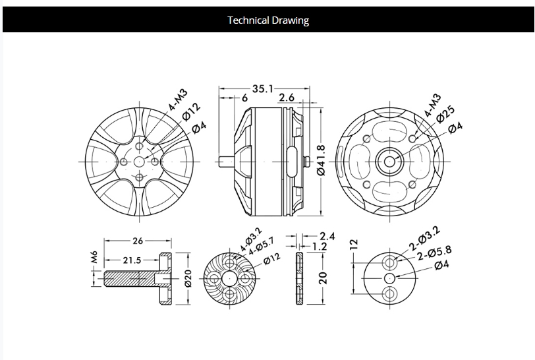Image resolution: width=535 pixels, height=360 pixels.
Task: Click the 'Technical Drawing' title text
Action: click(x=268, y=20)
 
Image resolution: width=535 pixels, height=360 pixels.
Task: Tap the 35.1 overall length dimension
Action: click(x=263, y=89)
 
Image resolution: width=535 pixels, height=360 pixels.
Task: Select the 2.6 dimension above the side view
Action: click(x=287, y=98)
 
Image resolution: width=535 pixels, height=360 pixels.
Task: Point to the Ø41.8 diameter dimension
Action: click(x=321, y=160)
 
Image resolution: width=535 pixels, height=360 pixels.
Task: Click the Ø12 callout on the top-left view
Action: click(x=191, y=111)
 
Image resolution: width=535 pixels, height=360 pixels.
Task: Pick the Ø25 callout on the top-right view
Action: click(x=445, y=114)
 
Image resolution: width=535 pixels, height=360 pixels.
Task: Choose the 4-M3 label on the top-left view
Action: click(x=177, y=100)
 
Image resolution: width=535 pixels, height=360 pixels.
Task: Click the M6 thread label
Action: click(x=94, y=257)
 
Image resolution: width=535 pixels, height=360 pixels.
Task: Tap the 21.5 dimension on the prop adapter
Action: click(x=132, y=260)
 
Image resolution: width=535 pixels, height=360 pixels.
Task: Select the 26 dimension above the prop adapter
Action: click(x=138, y=241)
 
